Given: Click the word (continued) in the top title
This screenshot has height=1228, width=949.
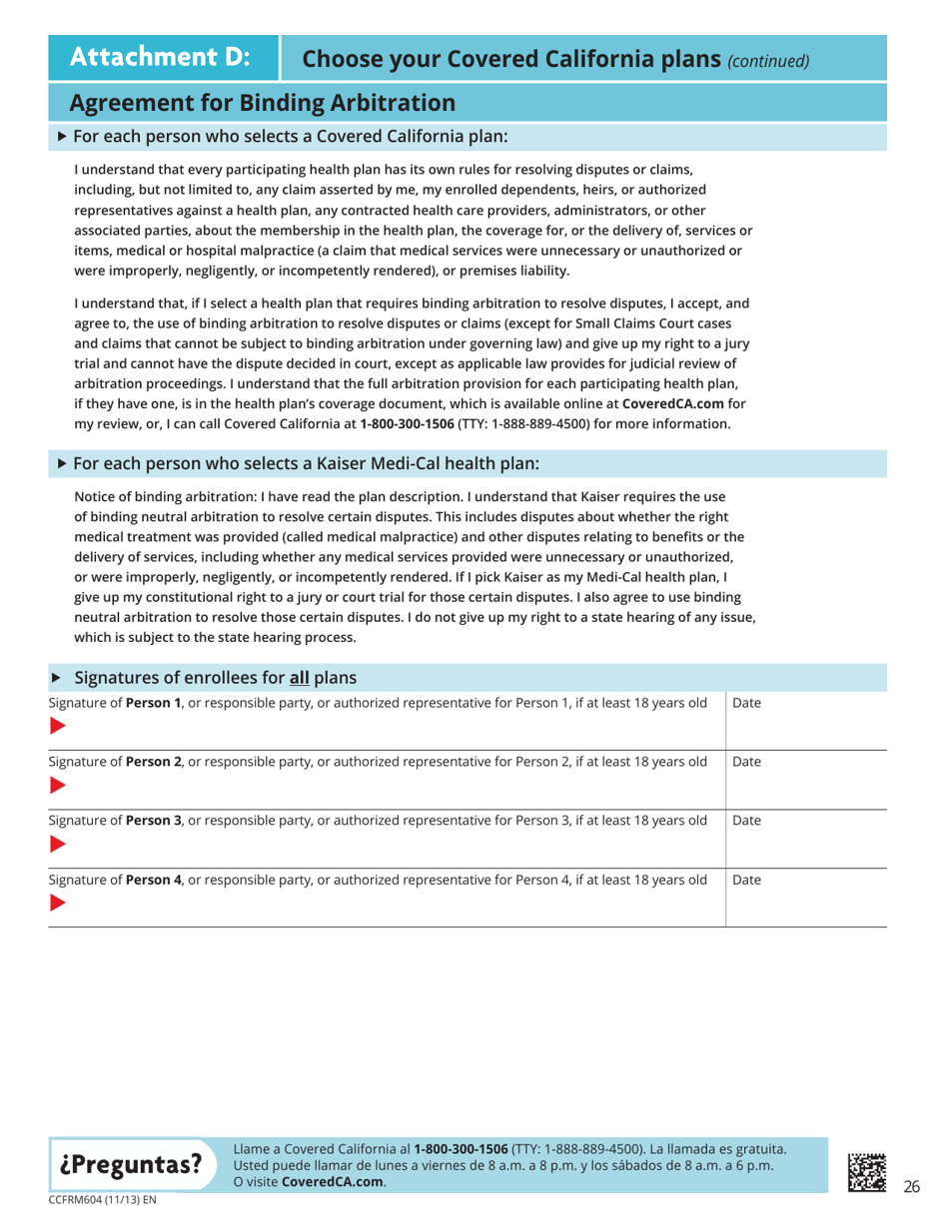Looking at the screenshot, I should coord(767,61).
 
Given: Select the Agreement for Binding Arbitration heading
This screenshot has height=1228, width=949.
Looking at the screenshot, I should coord(263,102).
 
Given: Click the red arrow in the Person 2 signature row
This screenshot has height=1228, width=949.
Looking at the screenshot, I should coord(59,789).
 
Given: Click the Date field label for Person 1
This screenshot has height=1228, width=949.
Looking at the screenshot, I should coord(747,704).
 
